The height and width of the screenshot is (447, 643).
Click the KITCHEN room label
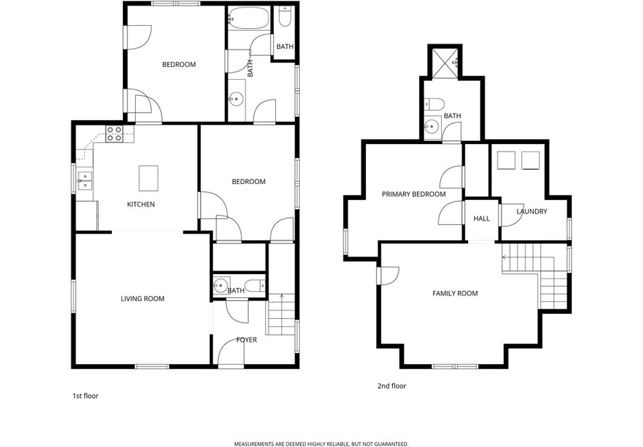coord(141,205)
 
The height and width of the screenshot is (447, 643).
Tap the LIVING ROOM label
coord(142,298)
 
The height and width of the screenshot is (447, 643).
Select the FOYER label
coord(246,340)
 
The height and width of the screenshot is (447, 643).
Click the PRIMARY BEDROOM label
coord(413,194)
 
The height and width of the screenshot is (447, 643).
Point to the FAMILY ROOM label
coord(455,293)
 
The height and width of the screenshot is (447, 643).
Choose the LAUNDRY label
coord(532,211)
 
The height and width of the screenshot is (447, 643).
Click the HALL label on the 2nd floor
coord(482,219)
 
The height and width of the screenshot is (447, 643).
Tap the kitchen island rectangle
coord(149,178)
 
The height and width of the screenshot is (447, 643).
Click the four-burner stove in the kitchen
coord(114,134)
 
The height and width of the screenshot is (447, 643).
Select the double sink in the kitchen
coord(85,181)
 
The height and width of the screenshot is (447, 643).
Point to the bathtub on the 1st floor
coord(249,18)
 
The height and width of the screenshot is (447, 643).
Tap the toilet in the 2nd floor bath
coord(434,104)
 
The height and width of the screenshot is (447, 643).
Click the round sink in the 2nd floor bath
coord(431,126)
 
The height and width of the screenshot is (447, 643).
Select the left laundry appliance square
coord(505,160)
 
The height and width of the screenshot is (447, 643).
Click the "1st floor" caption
coord(86,396)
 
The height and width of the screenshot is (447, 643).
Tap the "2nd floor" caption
coord(392,386)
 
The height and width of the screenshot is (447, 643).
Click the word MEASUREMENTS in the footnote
coord(253,444)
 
